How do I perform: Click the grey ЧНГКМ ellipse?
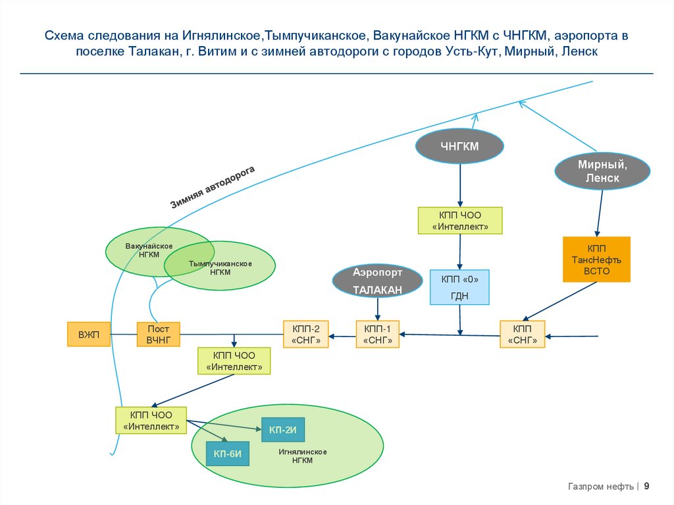459,146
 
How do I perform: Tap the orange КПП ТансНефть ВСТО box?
596,259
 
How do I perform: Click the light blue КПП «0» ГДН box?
459,287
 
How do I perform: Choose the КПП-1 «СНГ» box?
378,334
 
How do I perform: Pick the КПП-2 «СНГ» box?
305,334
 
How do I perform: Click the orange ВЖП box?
88,334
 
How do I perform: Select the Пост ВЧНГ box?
158,334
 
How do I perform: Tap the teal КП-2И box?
283,430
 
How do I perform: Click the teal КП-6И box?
228,452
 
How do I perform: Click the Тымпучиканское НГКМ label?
220,267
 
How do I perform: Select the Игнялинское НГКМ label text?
303,456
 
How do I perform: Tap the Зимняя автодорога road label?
212,188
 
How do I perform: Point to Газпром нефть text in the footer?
600,487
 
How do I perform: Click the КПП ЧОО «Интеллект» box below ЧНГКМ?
459,221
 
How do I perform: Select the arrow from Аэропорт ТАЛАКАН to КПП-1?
377,308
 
